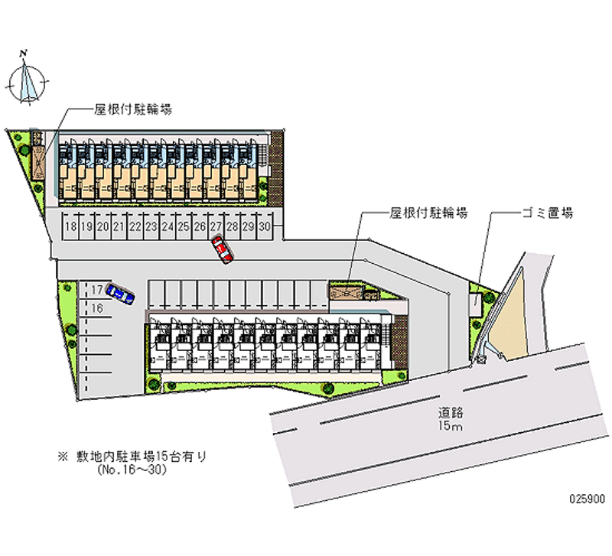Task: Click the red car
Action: (x=223, y=249)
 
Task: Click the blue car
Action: (x=120, y=293)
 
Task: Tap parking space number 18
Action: (x=70, y=227)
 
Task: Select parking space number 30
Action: (x=265, y=227)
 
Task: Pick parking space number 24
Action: (x=168, y=227)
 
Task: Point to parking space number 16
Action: (x=96, y=308)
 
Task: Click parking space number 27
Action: (x=216, y=227)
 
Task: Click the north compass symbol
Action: (x=28, y=79)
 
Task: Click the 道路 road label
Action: (x=451, y=411)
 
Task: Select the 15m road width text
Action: (x=451, y=426)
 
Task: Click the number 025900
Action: (x=587, y=496)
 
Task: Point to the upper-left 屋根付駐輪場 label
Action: (x=132, y=109)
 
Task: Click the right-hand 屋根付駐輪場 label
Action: (x=428, y=213)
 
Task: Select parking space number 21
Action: (x=119, y=227)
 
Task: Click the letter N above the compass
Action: (x=25, y=52)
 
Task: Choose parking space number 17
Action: (x=96, y=291)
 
